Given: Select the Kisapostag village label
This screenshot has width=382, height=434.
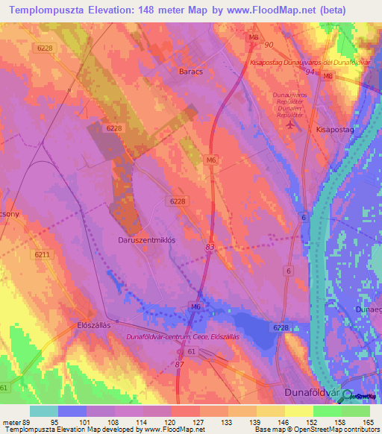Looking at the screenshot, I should click(334, 129).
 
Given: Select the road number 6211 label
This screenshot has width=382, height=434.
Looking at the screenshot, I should click(43, 255).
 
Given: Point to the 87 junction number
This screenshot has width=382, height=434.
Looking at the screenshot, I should click(179, 363).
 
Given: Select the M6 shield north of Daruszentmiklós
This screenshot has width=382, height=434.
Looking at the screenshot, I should click(211, 160).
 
